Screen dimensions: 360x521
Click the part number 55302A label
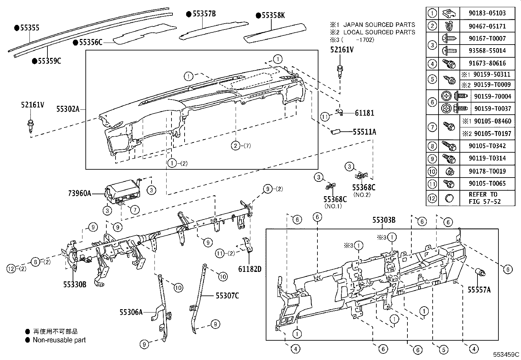pyautogui.click(x=68, y=109)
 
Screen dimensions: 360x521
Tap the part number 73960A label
pyautogui.click(x=80, y=193)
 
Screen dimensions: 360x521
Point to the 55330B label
pyautogui.click(x=75, y=284)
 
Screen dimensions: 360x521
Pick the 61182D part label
pyautogui.click(x=250, y=269)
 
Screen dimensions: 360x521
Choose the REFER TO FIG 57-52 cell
pyautogui.click(x=483, y=198)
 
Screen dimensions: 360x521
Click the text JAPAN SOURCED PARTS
pyautogui.click(x=379, y=25)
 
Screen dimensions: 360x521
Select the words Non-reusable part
pyautogui.click(x=59, y=340)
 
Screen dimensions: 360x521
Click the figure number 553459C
pyautogui.click(x=506, y=354)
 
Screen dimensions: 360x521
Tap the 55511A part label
pyautogui.click(x=364, y=132)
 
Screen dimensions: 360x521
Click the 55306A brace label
pyautogui.click(x=131, y=312)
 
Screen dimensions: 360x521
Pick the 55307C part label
pyautogui.click(x=227, y=296)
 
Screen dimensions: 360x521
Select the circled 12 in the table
pyautogui.click(x=432, y=198)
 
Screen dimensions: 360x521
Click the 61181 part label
pyautogui.click(x=364, y=113)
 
